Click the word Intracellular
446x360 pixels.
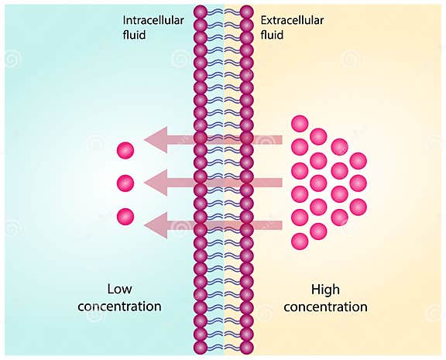point(153,20)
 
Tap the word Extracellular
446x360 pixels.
point(292,20)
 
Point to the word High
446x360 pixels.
point(325,290)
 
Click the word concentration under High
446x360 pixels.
point(325,307)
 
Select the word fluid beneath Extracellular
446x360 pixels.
point(273,35)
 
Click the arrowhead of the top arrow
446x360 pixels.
point(155,140)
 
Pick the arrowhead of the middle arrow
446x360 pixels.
point(155,183)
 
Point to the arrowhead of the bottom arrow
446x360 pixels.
point(155,225)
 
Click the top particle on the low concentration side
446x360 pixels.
point(125,150)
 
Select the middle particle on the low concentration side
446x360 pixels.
point(125,183)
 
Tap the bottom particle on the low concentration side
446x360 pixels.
point(125,217)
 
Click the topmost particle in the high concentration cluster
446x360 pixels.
point(300,123)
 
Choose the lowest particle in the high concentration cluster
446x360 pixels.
point(300,242)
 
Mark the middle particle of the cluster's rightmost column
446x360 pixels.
point(358,183)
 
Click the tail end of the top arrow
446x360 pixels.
point(280,140)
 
